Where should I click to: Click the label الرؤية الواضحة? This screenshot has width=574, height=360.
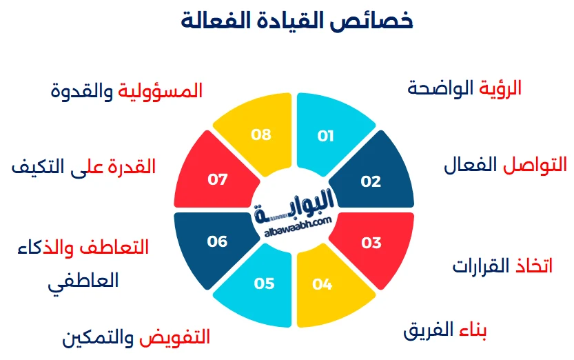(465, 88)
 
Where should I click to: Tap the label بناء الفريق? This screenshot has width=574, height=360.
(445, 331)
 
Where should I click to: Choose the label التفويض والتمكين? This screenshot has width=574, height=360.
(136, 338)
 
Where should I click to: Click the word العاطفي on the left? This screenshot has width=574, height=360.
(83, 281)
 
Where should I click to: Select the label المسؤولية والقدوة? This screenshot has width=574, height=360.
(127, 91)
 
